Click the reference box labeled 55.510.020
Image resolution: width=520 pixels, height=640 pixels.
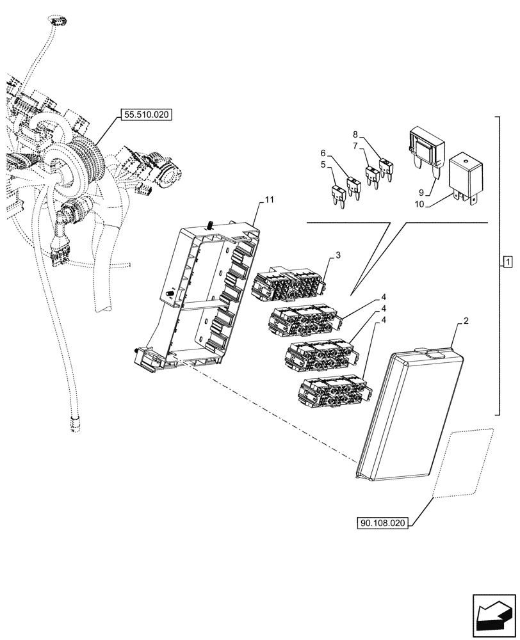point(146,115)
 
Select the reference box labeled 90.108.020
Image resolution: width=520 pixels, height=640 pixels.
point(383,523)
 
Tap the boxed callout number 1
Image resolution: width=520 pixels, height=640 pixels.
point(507,262)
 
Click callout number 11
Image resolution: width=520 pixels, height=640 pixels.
point(269,200)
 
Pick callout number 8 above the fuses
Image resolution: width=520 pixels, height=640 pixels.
point(356,136)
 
